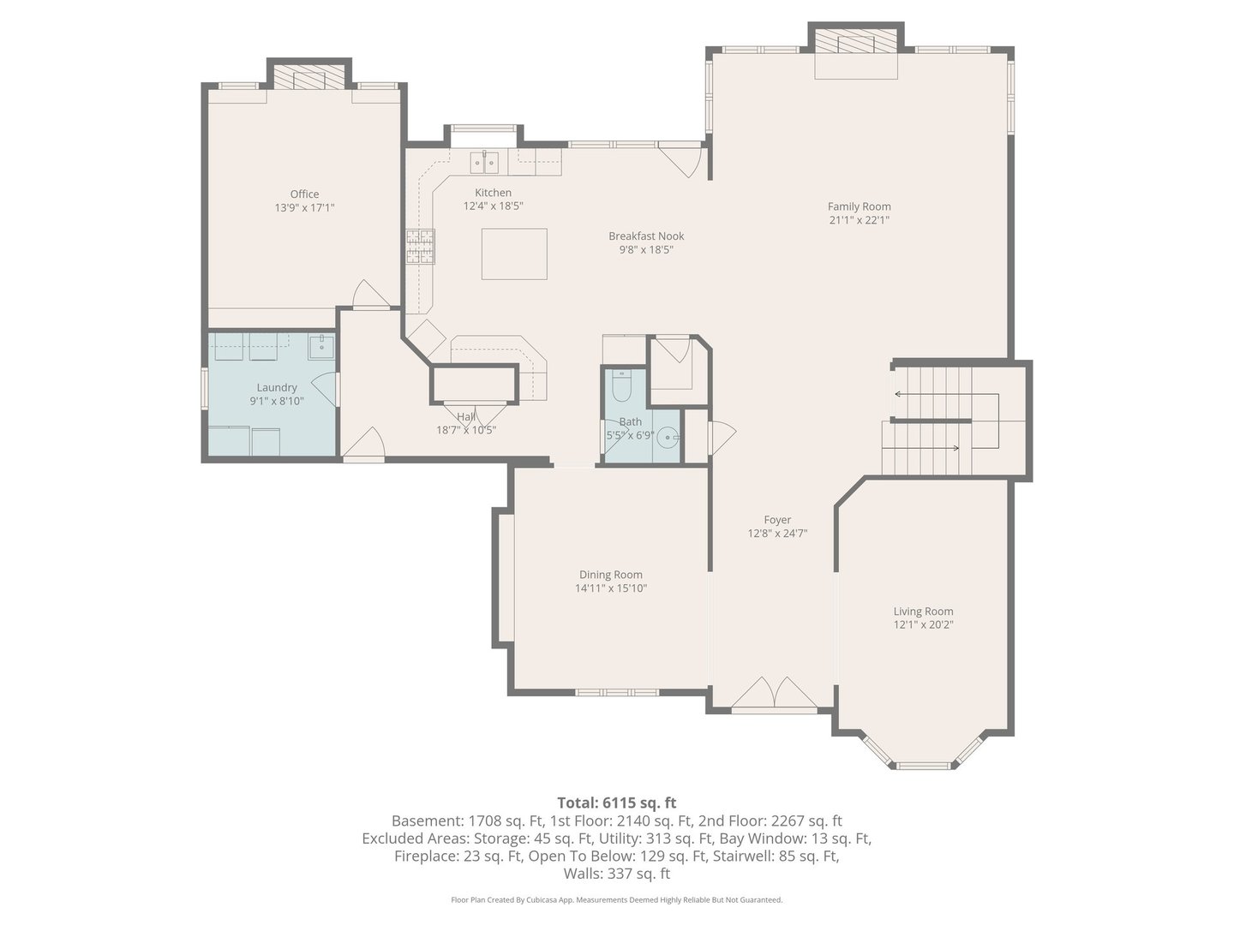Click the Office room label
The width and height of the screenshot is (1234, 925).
pos(304,194)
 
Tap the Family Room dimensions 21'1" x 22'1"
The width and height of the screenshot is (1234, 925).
pos(859,220)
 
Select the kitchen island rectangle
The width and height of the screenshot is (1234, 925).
pos(514,254)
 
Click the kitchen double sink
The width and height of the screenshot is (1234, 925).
pos(484,160)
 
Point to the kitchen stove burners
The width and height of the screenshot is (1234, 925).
pos(420,247)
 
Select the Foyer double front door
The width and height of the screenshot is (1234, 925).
pos(775,693)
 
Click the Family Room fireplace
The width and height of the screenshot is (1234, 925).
pos(856,44)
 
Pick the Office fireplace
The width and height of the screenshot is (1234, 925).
pos(309,79)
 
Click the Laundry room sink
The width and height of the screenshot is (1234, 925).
pos(321,346)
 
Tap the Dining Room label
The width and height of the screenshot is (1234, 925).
pos(610,575)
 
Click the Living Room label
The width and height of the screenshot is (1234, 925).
pos(923,612)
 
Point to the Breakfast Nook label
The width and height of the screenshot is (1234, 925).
pos(646,236)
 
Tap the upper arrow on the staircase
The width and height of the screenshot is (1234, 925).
pos(943,395)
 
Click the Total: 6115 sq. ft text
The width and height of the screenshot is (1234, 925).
pos(616,803)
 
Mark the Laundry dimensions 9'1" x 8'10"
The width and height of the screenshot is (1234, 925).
pos(277,401)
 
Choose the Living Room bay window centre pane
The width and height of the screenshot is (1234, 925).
pos(922,765)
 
